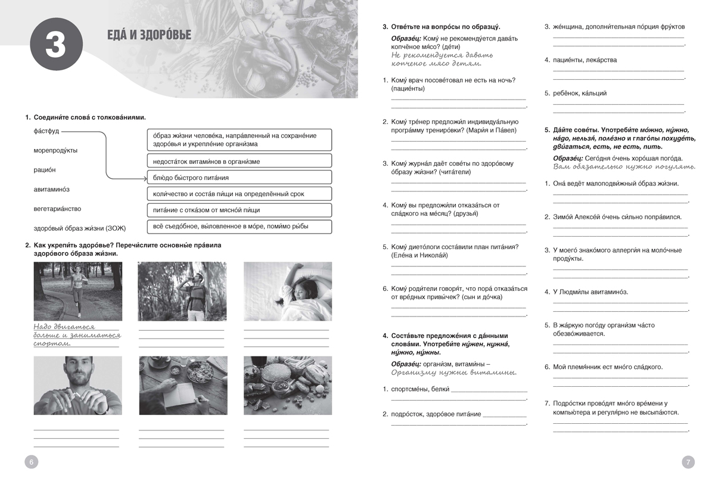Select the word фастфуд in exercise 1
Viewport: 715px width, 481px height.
coord(46,131)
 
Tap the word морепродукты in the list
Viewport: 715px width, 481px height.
coord(55,150)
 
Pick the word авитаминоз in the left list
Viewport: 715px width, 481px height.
coord(52,190)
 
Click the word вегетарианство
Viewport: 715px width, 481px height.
coord(57,209)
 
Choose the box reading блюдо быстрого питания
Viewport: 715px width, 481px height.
coord(238,178)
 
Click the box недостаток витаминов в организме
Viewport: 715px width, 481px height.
coord(238,162)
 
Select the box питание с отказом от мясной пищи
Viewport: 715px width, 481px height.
coord(238,210)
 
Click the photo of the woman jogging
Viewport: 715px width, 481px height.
coord(77,291)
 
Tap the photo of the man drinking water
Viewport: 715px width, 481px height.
coord(182,291)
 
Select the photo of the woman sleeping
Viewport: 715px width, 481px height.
coord(288,291)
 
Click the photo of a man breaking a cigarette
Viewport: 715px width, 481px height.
coord(77,385)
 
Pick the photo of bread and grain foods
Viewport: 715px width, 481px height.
coord(288,385)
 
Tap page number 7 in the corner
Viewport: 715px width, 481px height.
coord(688,461)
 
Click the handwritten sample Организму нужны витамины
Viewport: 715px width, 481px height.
coord(453,373)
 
